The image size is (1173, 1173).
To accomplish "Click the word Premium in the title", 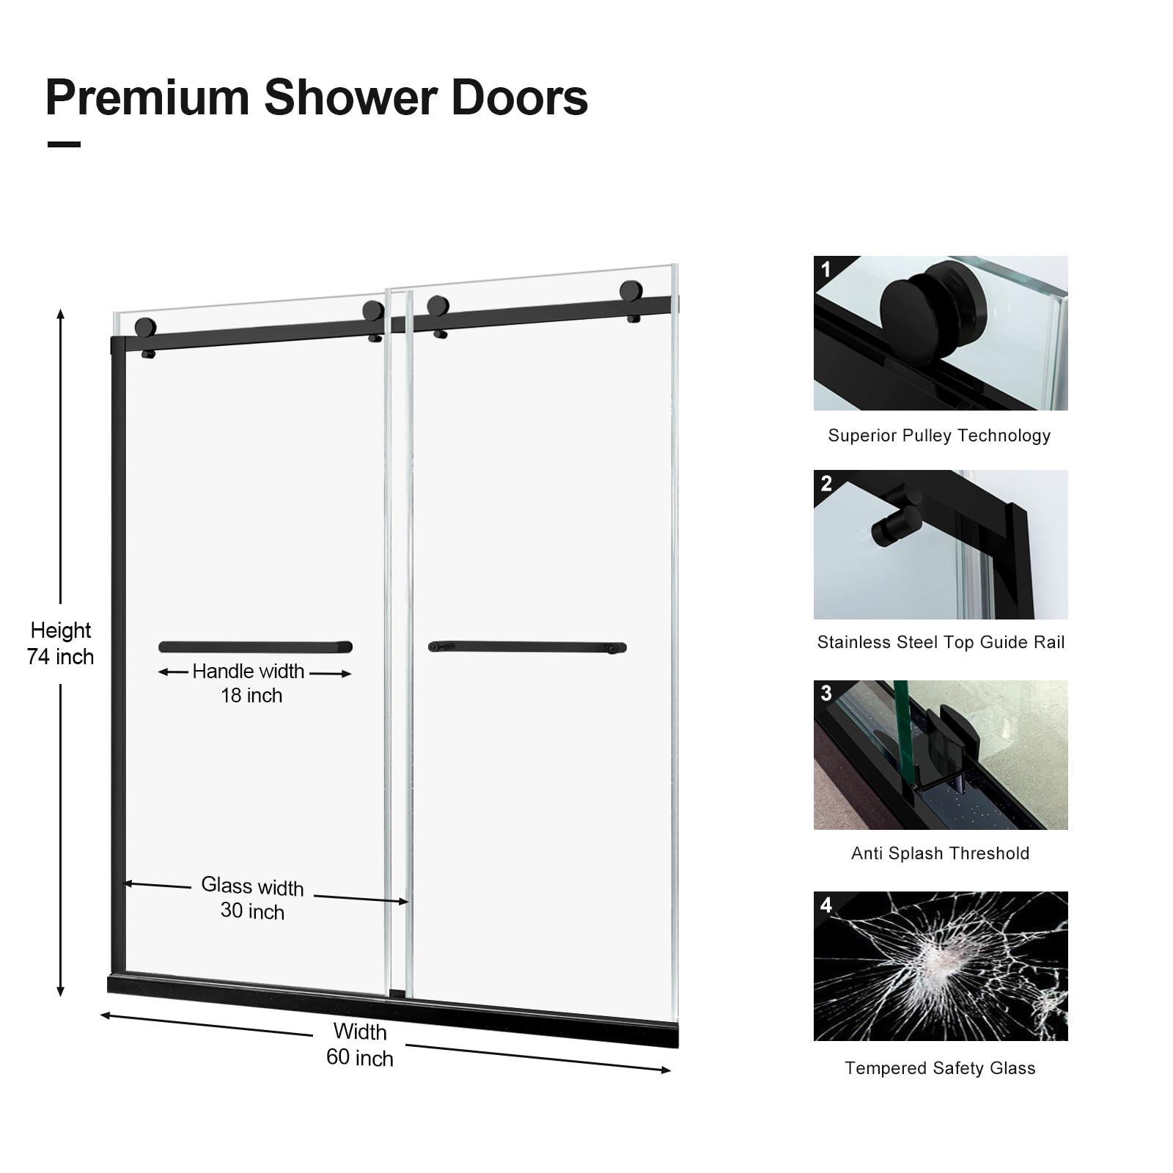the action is (x=147, y=98).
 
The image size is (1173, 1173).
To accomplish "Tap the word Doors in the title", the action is (x=520, y=98).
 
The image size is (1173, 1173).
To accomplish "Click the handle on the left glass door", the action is (x=255, y=647).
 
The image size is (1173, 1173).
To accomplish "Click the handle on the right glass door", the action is (x=527, y=647).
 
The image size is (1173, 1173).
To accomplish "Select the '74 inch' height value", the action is (x=60, y=657).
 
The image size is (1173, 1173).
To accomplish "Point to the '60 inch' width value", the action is (x=360, y=1058).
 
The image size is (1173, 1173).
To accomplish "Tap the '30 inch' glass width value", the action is (x=252, y=911).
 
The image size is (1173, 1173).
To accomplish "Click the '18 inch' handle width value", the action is (x=251, y=696).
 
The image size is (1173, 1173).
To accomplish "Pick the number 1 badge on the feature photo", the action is (x=826, y=269).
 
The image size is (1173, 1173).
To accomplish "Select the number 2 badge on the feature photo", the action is (x=826, y=483).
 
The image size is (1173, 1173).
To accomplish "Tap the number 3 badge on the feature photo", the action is (x=826, y=694).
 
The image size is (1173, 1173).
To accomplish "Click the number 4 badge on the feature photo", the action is (x=826, y=905).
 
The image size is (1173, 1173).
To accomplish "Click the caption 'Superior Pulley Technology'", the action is (x=939, y=435).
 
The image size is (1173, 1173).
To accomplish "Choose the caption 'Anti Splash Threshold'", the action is (x=940, y=853).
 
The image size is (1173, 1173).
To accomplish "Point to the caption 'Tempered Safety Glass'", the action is (x=940, y=1068).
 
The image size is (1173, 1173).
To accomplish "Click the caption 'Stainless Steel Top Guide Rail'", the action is (x=941, y=642).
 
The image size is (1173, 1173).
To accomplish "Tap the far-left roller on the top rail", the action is (x=145, y=328).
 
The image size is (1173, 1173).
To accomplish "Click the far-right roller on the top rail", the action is (x=630, y=291).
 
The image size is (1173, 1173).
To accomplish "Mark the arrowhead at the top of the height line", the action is (x=61, y=314).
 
